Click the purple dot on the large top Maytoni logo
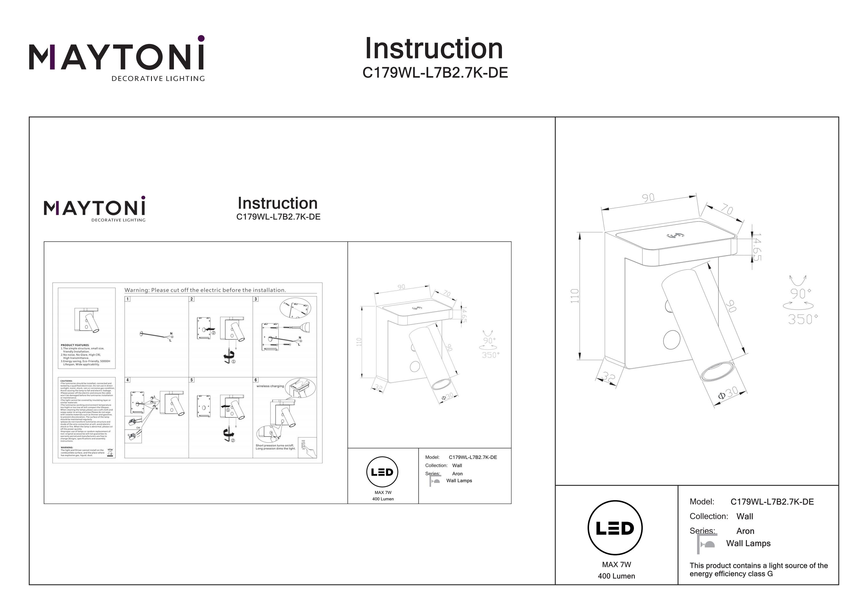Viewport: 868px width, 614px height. point(201,38)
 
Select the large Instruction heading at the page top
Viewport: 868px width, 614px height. point(434,49)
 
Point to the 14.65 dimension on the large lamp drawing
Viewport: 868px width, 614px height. point(756,247)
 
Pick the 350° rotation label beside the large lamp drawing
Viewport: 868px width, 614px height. point(803,319)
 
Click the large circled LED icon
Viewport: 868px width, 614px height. point(615,528)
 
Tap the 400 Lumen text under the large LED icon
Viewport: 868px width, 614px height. point(616,576)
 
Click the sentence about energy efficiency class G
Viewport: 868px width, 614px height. point(758,570)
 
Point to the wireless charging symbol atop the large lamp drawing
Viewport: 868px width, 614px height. point(675,236)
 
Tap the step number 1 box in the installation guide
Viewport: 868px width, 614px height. point(128,299)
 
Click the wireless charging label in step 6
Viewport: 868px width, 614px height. point(270,386)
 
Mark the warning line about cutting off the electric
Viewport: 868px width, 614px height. point(205,290)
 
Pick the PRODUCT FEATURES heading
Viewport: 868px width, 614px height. point(75,345)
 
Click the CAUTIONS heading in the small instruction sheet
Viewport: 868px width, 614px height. point(67,381)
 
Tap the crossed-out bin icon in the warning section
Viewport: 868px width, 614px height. point(110,452)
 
